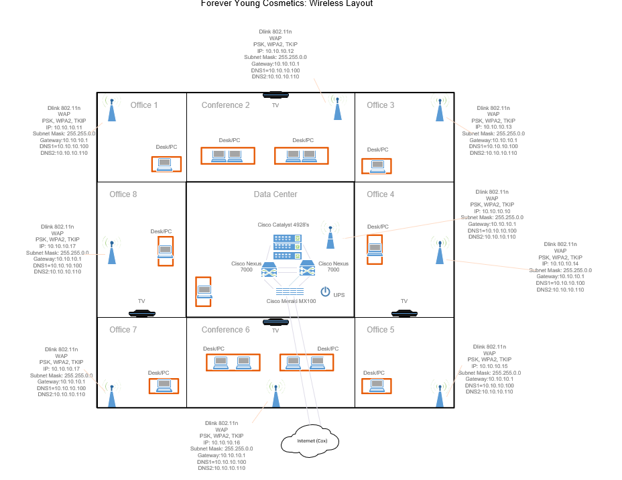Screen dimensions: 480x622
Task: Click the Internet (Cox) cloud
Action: tap(308, 441)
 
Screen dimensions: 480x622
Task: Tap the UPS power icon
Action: tap(326, 292)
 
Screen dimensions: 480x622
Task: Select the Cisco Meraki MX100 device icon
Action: tap(289, 292)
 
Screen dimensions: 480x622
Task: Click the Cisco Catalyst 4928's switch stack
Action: tap(286, 246)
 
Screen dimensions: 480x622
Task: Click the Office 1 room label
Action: tap(144, 105)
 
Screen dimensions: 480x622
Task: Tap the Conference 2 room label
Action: tap(225, 105)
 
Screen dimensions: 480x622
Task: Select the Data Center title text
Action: tap(275, 194)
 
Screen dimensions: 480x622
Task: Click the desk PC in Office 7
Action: tap(164, 385)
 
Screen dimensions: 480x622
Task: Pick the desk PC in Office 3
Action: tap(377, 166)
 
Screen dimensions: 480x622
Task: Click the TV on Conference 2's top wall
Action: tap(275, 95)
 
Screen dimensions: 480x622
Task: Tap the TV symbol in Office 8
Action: tap(141, 312)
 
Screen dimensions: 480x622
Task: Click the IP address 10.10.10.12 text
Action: tap(275, 51)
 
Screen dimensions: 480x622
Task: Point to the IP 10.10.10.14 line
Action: tap(560, 263)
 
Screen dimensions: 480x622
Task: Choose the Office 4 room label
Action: tap(381, 194)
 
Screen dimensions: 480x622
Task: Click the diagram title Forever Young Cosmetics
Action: tap(287, 4)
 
